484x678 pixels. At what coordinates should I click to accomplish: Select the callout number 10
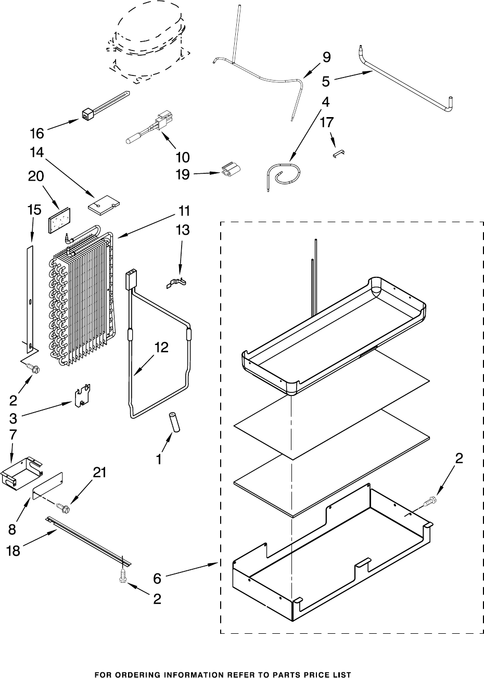click(183, 157)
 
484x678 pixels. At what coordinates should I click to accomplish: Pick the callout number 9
click(326, 57)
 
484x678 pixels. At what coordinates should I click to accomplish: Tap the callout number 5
click(326, 82)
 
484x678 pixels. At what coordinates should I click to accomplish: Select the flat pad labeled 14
click(103, 203)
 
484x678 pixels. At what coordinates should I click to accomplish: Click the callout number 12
click(161, 349)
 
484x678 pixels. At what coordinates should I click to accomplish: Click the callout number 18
click(13, 551)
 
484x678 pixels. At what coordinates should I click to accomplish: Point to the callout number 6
click(161, 579)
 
